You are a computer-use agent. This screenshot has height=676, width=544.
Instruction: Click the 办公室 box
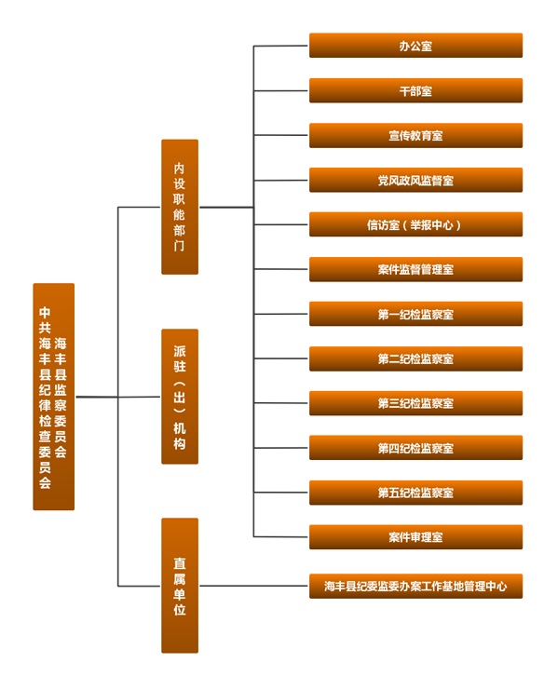[415, 46]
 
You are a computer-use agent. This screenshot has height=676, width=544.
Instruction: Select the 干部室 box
[415, 90]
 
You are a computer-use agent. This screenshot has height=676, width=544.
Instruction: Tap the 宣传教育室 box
[415, 135]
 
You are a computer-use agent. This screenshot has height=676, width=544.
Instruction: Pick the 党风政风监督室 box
[415, 180]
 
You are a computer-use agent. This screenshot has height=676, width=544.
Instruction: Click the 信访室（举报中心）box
[415, 224]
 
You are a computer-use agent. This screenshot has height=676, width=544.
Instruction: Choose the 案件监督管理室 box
[415, 269]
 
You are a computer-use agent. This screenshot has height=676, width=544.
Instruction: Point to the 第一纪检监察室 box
[415, 314]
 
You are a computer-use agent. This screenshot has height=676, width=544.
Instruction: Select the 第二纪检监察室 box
[415, 358]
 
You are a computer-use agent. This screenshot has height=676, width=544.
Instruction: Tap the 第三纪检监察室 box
[415, 403]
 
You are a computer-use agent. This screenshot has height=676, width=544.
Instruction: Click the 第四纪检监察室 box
[415, 448]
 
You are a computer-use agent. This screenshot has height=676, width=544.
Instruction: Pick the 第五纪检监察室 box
[415, 493]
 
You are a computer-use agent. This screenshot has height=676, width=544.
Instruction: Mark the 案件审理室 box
[415, 536]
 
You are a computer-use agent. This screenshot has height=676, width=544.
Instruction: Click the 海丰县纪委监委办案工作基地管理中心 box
[415, 586]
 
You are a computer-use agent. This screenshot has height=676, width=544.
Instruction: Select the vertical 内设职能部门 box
[180, 207]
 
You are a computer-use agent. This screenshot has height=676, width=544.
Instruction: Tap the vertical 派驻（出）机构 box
[180, 397]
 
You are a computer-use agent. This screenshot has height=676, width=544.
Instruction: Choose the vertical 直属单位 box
[180, 586]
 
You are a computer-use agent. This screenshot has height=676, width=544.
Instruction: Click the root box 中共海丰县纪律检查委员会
[53, 397]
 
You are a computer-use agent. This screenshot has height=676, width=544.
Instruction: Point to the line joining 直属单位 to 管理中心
[253, 586]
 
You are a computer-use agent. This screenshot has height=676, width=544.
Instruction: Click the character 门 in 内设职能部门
[180, 246]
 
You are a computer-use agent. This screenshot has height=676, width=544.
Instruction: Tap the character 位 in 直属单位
[180, 610]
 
